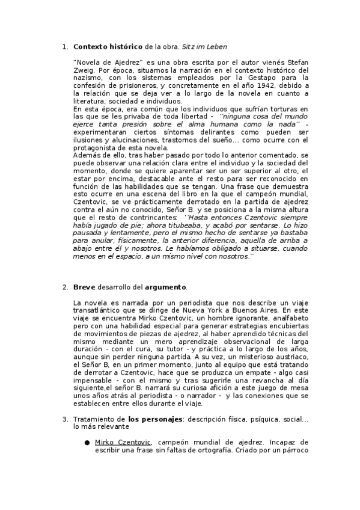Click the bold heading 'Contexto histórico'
point(108,46)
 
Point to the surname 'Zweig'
point(85,70)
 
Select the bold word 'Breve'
point(85,286)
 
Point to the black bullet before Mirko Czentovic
point(87,442)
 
